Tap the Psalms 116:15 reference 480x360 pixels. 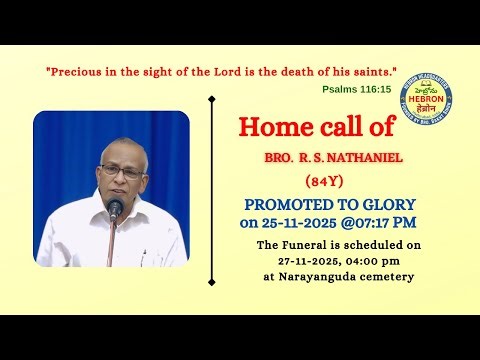coord(357,89)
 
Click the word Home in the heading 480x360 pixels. coord(270,127)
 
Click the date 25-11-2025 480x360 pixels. coord(302,221)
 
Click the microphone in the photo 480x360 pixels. coord(115,208)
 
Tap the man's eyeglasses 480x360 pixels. coord(120,172)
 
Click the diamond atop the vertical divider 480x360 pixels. coord(211,99)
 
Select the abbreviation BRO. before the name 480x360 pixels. coord(279,160)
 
